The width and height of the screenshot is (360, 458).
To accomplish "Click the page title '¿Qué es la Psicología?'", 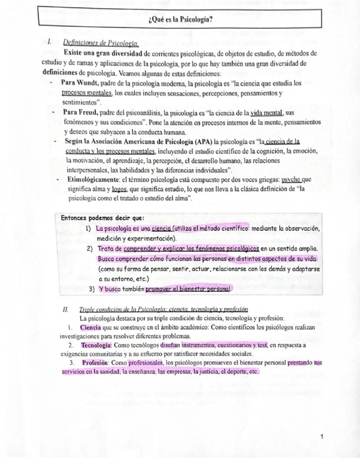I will click(x=180, y=20).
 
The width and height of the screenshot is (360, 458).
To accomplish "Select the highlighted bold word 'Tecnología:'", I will click(x=97, y=345).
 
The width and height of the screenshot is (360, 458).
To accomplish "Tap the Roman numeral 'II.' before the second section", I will click(x=66, y=309).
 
